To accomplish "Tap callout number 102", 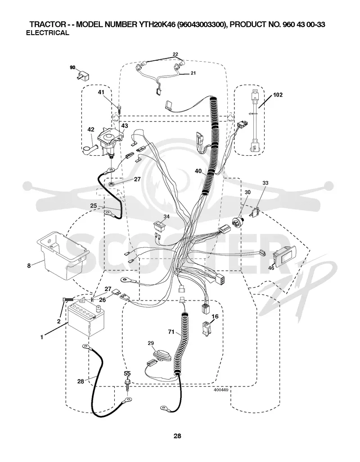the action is (278, 95).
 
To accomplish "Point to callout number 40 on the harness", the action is (198, 171).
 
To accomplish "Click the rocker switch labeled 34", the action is (160, 226).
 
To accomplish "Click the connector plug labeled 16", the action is (207, 328).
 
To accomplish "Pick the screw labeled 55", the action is (127, 384).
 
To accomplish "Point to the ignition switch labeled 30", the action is (238, 220).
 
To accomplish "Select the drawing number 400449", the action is (221, 390).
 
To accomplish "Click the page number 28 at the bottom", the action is (177, 436).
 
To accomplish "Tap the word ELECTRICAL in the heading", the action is (48, 33).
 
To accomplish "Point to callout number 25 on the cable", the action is (94, 206).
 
